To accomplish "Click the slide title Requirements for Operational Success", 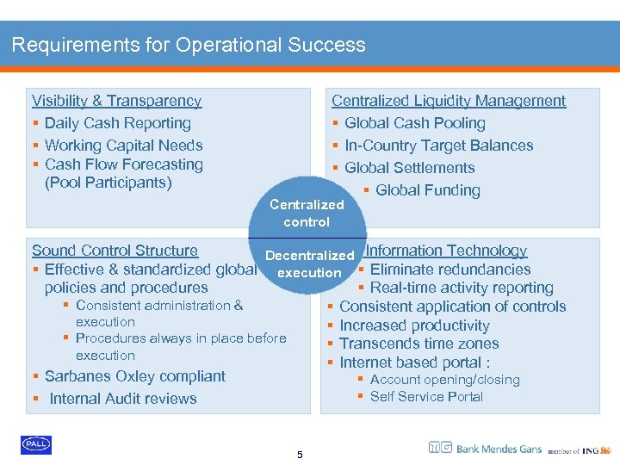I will (189, 45).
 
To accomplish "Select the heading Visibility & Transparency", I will (116, 101).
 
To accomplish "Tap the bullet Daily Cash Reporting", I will (117, 123).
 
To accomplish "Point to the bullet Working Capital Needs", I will (123, 146).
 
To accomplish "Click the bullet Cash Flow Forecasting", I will (123, 164).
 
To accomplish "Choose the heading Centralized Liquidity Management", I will (449, 101).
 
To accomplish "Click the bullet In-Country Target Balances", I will (438, 146).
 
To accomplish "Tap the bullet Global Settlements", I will (409, 168).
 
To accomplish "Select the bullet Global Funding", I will (427, 190).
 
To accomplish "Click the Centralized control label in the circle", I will (307, 213).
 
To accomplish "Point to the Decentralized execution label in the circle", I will (309, 263).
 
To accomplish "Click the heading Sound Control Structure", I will (115, 251).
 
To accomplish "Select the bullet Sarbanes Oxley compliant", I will (134, 376).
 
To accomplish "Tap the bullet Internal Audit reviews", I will (122, 399).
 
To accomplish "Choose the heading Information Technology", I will (446, 251).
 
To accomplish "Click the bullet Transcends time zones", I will (418, 344).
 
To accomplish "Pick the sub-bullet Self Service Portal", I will (426, 396).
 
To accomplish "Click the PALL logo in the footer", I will (36, 443).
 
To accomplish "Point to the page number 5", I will (300, 455).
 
